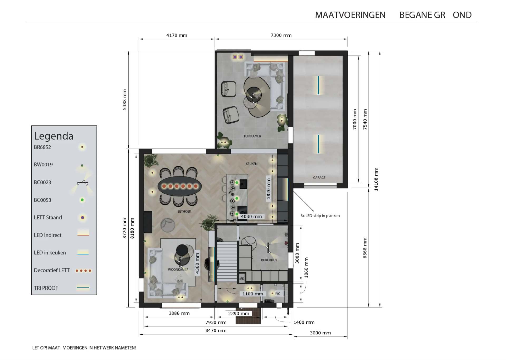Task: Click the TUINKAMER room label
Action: [252, 136]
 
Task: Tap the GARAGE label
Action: [319, 178]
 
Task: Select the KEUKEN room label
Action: [252, 164]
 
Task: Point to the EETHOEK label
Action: [184, 212]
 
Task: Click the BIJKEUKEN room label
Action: [269, 260]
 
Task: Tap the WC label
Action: [278, 294]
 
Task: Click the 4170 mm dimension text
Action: [177, 35]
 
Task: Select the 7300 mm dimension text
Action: [281, 35]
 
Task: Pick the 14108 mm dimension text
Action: [376, 179]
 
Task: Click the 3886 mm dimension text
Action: [179, 313]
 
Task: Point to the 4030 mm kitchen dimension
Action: [251, 217]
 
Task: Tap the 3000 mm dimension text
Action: [320, 333]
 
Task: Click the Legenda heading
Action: [54, 136]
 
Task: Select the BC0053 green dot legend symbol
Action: [82, 200]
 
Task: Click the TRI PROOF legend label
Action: [46, 288]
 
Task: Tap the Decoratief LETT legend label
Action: [52, 270]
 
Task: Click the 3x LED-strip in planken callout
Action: [320, 216]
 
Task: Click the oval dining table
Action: [180, 186]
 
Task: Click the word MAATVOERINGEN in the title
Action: [350, 15]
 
